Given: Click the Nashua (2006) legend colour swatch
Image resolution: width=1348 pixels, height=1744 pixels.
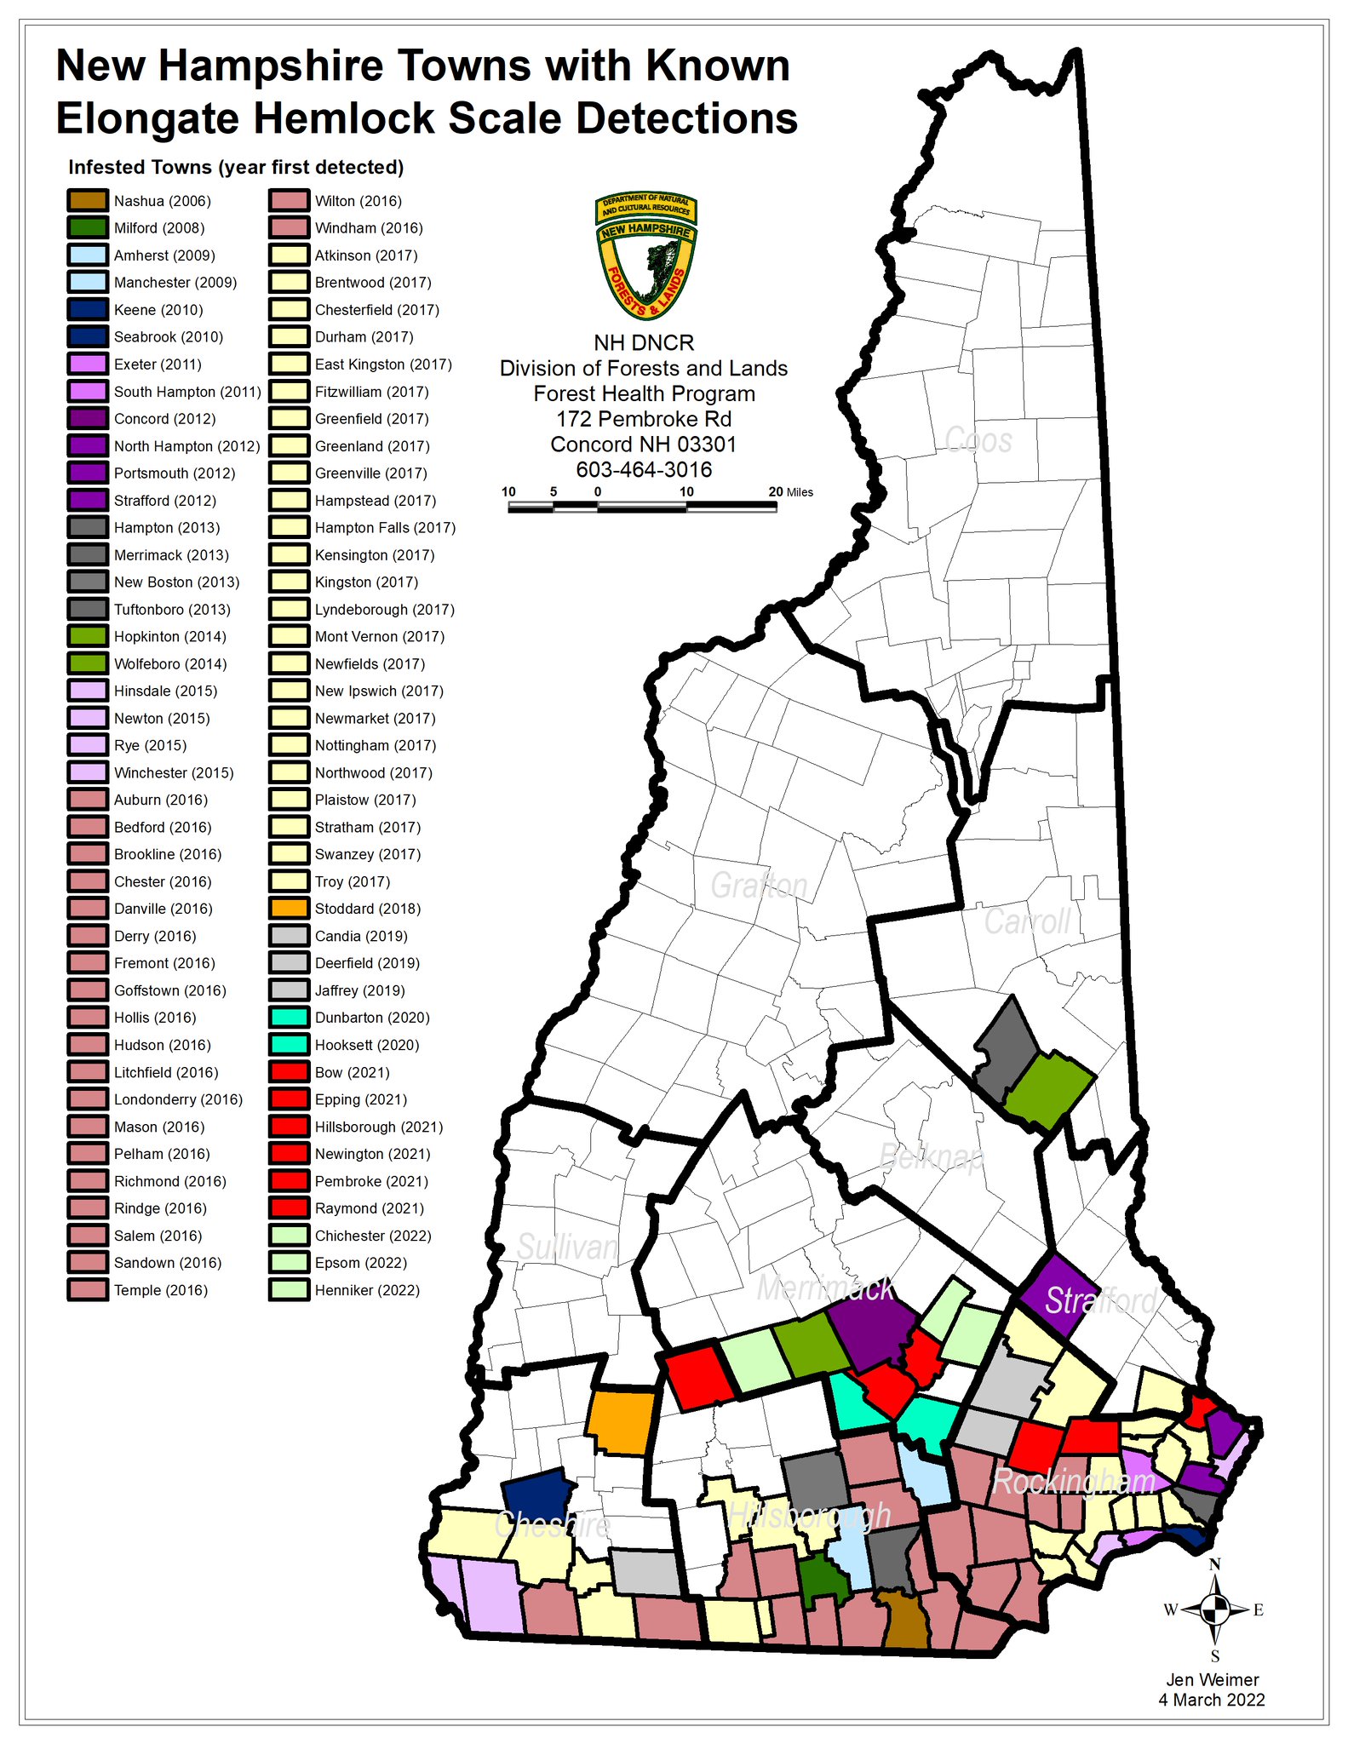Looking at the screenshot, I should [x=88, y=201].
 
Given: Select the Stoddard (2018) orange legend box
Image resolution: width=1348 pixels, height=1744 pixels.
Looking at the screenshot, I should [x=289, y=909].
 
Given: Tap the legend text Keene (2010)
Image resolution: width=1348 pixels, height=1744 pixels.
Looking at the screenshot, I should [x=158, y=310].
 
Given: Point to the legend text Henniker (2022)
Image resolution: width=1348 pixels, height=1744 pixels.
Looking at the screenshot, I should [x=367, y=1290].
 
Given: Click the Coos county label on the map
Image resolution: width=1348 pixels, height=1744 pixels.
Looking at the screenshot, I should [x=978, y=440].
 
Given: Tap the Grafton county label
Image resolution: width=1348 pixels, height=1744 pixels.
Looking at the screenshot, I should [x=759, y=886].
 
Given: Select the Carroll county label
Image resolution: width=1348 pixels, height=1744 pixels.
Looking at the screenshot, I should [x=1027, y=922].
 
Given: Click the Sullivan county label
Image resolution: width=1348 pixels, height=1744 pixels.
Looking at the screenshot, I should [x=567, y=1248].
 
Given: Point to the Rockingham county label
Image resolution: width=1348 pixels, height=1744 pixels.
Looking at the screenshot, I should [x=1074, y=1482].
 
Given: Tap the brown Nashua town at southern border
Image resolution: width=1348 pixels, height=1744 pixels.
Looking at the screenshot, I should [x=904, y=1622].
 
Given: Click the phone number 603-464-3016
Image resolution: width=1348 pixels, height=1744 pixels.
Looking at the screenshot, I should [x=644, y=469].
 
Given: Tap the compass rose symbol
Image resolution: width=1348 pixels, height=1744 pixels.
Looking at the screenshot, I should [x=1215, y=1609].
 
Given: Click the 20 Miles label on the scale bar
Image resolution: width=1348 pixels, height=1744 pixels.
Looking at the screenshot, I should [x=790, y=492].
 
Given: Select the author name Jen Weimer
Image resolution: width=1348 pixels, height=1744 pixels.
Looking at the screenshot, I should [x=1212, y=1680].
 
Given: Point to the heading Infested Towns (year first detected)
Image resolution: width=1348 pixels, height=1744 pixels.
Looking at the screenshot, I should [x=236, y=167].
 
